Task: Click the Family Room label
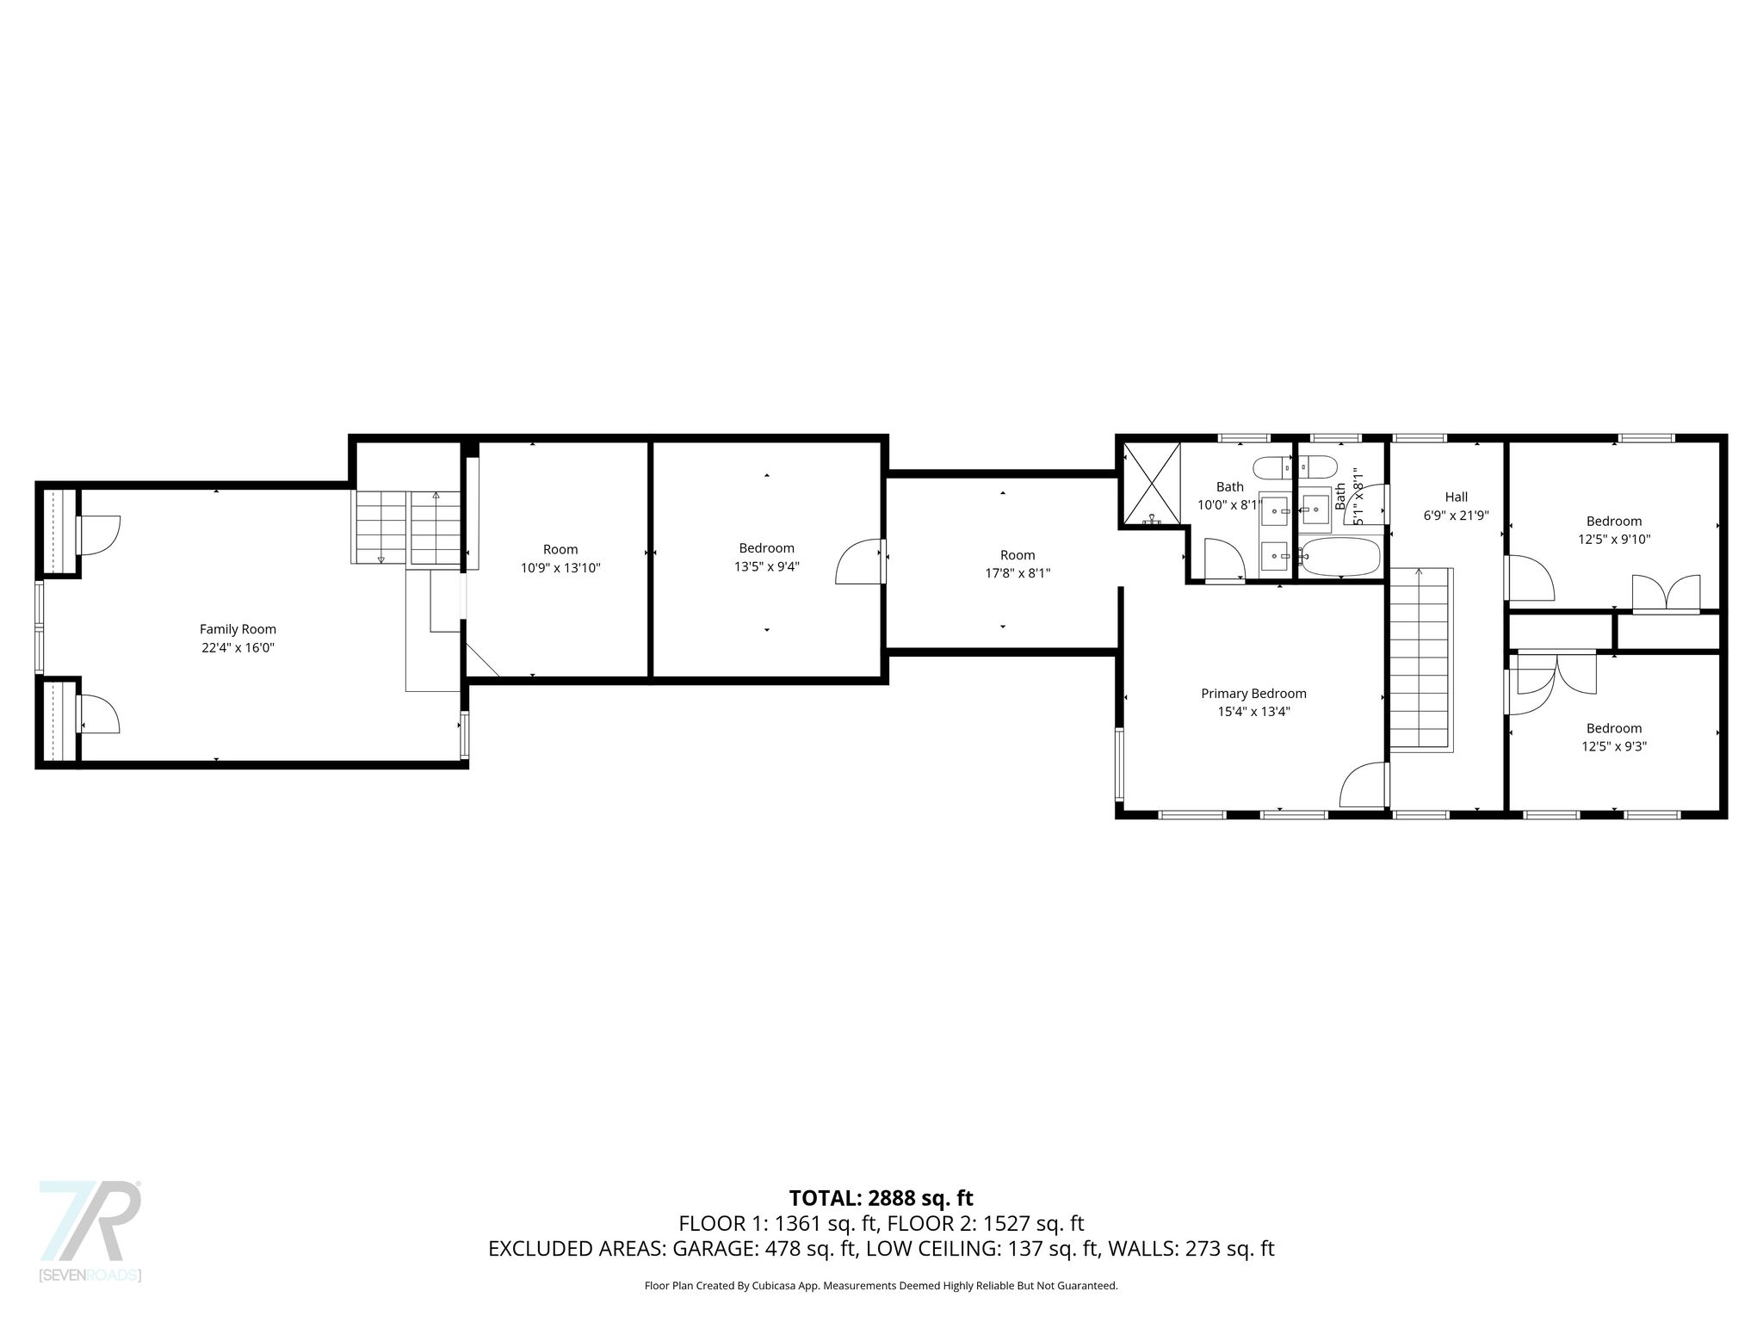[x=238, y=629]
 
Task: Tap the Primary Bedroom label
[x=1253, y=693]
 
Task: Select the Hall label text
[x=1457, y=497]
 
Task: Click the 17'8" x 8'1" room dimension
[x=1018, y=573]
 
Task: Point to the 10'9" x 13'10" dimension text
[x=560, y=568]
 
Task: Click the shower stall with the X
[x=1151, y=484]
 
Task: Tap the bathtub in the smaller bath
[x=1340, y=557]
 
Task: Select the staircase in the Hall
[x=1421, y=659]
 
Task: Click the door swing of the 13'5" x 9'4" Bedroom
[x=858, y=561]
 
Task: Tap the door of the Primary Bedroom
[x=1364, y=785]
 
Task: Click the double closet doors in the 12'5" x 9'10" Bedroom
[x=1667, y=595]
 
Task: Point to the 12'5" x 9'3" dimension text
[x=1614, y=746]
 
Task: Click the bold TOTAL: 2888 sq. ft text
[x=881, y=1198]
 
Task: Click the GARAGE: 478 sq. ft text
[x=765, y=1249]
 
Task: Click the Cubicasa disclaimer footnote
[x=881, y=1286]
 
